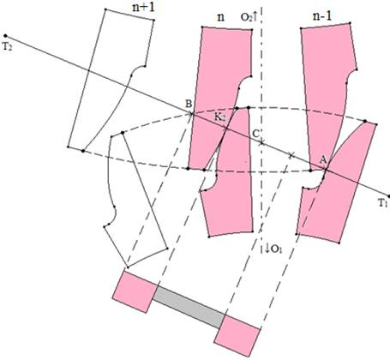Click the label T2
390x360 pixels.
8,47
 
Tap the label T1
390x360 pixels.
383,203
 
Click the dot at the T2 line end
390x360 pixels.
5,36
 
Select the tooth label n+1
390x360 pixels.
143,7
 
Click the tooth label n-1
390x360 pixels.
322,16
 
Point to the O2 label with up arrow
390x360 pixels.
249,17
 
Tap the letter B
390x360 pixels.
189,104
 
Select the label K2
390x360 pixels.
220,117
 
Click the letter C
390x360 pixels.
256,133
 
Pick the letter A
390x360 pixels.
323,160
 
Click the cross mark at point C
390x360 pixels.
261,142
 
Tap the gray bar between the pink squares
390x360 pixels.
189,307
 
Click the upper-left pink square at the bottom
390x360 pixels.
135,291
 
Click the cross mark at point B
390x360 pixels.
192,114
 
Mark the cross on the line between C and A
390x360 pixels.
291,155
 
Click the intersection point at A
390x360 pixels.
326,171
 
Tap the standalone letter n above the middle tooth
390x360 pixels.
220,18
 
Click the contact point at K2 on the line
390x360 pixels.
226,129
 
